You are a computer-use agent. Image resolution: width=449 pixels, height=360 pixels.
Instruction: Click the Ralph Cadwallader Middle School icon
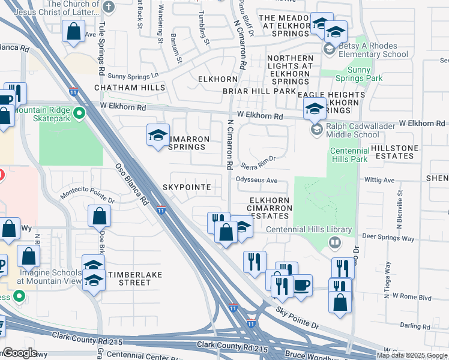[x=316, y=130]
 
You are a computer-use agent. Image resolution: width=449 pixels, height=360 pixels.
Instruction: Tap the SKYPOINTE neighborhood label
[x=187, y=187]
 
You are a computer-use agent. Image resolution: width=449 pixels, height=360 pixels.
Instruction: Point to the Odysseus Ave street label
[x=256, y=180]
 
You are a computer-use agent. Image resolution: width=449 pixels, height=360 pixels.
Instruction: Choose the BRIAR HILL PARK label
[x=259, y=91]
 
